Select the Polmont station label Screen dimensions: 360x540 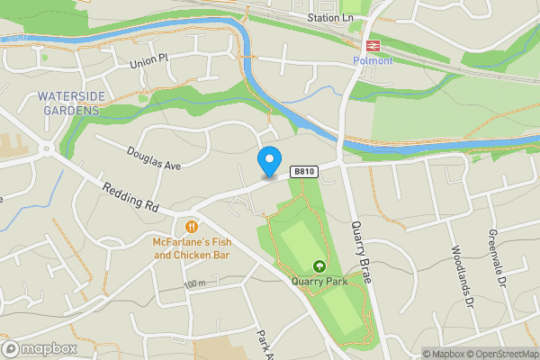click(373, 60)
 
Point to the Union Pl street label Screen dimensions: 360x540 click(148, 62)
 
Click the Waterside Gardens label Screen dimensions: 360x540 click(68, 103)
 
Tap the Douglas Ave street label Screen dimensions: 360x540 click(154, 158)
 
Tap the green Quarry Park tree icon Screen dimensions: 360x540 click(319, 265)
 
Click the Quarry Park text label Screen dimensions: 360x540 click(319, 280)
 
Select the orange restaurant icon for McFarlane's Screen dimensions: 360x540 click(192, 226)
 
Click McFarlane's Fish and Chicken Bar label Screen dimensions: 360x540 click(192, 248)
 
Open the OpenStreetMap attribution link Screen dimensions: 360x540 click(501, 354)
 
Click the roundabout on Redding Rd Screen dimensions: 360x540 click(44, 149)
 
